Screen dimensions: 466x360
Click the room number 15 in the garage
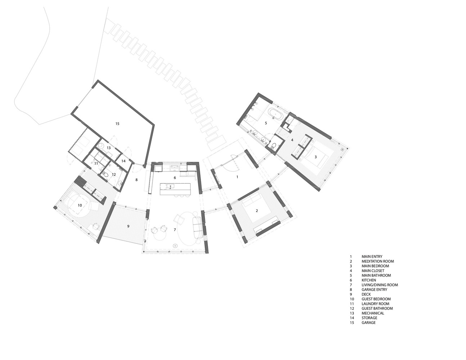tap(117, 123)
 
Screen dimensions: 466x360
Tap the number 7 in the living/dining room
tap(175, 230)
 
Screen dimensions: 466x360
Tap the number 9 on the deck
tap(128, 226)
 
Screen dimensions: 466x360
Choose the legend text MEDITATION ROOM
tap(378, 261)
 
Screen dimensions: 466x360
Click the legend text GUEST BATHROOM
tap(377, 309)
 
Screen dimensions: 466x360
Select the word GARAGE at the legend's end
tap(368, 323)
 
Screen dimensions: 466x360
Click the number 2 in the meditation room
tap(257, 211)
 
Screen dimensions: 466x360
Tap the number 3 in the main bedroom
tap(315, 157)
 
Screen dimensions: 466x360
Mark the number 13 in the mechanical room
tap(108, 148)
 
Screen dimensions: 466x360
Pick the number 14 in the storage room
tap(123, 161)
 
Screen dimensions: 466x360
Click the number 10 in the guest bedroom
tap(80, 205)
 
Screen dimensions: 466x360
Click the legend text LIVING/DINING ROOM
tap(380, 285)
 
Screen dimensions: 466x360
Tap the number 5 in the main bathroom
tap(266, 123)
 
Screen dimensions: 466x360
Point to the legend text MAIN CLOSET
tap(373, 271)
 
